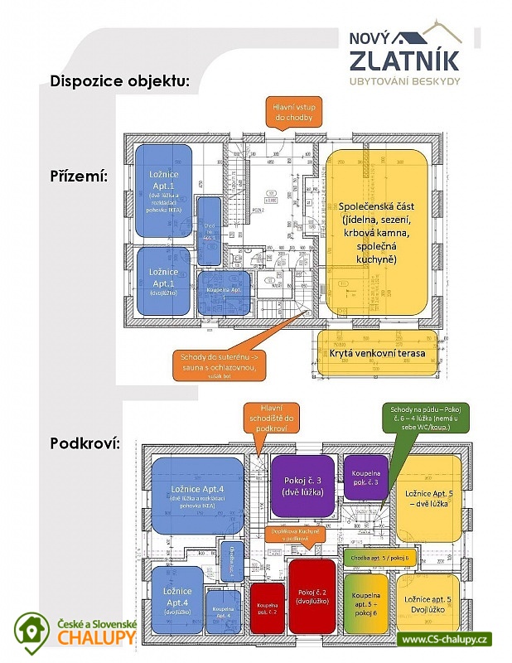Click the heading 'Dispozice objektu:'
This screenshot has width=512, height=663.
[120, 81]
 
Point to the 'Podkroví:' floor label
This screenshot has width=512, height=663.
[85, 443]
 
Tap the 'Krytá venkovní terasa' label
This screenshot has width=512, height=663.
[377, 355]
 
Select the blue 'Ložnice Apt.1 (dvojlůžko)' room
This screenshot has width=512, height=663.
[164, 281]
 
